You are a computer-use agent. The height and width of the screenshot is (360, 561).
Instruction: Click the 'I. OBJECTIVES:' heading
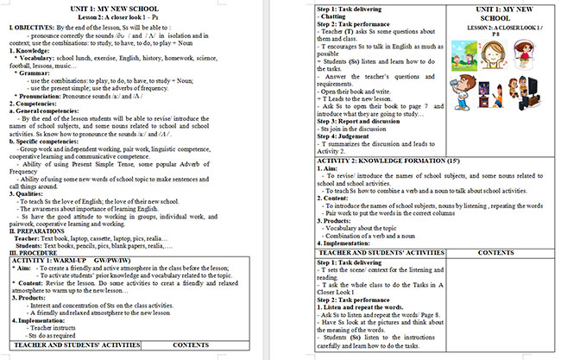[32, 27]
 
